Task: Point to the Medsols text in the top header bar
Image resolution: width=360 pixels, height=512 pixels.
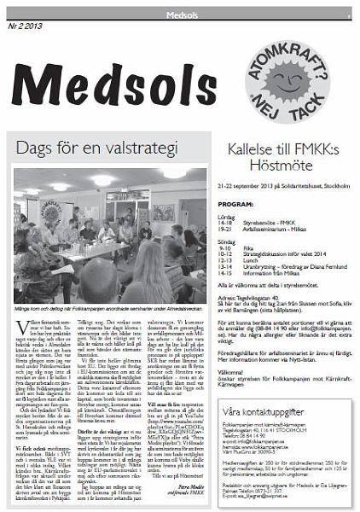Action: (x=179, y=14)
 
